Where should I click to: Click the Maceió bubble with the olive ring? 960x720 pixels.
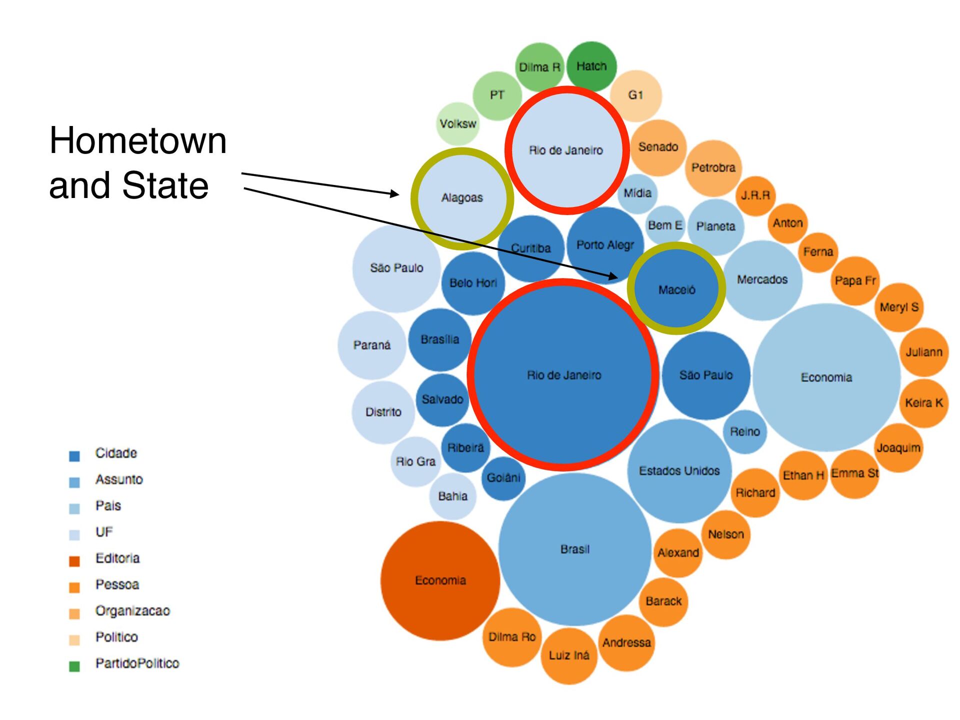(676, 288)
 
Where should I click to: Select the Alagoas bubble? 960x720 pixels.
(462, 198)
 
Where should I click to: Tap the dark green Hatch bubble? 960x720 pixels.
(591, 66)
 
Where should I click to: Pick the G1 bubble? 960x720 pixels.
(635, 95)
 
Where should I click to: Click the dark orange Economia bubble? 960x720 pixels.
(440, 580)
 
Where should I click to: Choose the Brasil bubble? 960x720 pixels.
(575, 549)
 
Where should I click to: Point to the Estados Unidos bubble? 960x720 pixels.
(679, 470)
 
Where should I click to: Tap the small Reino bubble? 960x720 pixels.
(744, 431)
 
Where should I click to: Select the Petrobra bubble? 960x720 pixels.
(713, 167)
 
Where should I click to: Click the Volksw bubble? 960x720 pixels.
(457, 123)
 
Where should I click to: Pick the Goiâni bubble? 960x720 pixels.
(503, 478)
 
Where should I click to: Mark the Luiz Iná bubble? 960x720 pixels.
(569, 655)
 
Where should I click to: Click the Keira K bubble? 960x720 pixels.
(924, 403)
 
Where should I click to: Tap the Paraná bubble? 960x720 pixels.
(371, 345)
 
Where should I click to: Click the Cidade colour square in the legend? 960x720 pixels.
(74, 455)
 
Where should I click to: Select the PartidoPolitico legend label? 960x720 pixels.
(137, 663)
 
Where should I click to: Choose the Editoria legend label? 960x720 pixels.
(117, 558)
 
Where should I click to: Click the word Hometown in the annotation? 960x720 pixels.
(138, 141)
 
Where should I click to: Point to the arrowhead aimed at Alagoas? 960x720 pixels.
(394, 193)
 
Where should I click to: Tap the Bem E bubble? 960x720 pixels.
(665, 225)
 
